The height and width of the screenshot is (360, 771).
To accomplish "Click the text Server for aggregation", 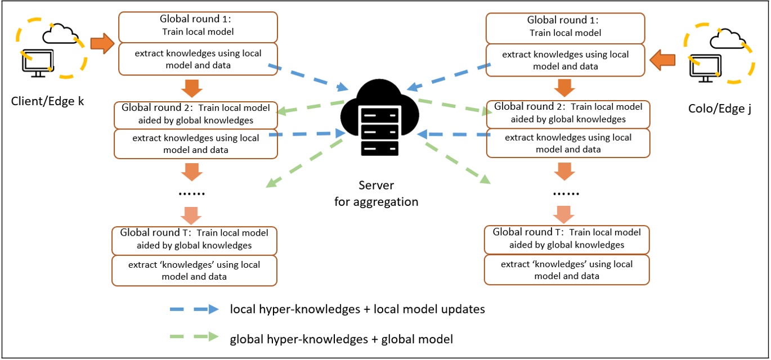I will [x=376, y=193].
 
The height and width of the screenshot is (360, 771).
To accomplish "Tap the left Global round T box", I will [x=194, y=238].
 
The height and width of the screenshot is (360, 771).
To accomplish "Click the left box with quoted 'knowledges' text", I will [x=194, y=270].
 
